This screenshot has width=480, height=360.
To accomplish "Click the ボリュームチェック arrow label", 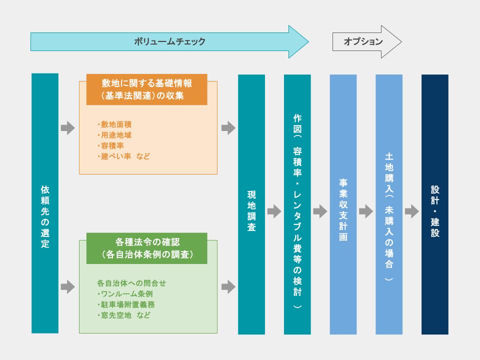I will click(169, 42).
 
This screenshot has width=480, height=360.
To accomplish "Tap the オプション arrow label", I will click(363, 42).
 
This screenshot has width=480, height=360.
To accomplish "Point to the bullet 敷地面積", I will click(115, 124).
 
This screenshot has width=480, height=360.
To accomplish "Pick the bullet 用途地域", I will click(115, 135).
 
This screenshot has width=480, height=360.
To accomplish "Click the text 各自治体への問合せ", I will click(131, 283).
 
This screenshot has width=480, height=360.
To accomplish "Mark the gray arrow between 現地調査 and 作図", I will click(274, 211).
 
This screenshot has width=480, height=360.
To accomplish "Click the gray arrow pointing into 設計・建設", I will click(411, 211).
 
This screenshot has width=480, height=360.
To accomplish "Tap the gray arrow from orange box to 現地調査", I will click(228, 128).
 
